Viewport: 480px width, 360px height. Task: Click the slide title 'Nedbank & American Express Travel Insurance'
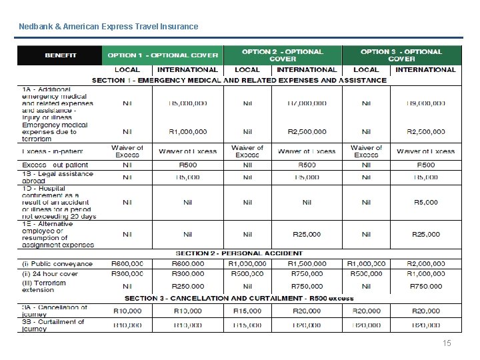[x=108, y=27]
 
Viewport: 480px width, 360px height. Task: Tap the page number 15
[x=447, y=343]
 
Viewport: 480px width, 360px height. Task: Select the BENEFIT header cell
[x=60, y=55]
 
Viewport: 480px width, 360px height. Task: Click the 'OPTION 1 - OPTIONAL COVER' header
[x=163, y=55]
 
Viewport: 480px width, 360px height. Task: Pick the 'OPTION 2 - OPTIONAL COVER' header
[x=282, y=55]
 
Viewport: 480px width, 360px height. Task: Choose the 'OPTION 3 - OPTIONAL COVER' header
[x=401, y=55]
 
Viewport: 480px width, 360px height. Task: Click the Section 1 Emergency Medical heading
[x=239, y=80]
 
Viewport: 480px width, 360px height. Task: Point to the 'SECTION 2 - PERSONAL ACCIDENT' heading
[x=239, y=253]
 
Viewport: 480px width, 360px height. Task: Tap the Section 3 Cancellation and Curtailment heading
[x=239, y=298]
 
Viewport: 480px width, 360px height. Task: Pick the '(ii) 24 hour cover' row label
[x=51, y=273]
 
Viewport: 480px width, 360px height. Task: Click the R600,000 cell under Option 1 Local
[x=127, y=264]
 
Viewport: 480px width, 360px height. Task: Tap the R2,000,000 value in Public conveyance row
[x=425, y=264]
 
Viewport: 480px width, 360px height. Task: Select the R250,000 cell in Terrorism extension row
[x=187, y=286]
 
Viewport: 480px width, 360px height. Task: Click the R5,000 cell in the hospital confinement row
[x=425, y=202]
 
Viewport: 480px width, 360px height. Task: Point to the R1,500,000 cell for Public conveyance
[x=307, y=264]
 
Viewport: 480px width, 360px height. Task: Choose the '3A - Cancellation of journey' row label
[x=55, y=311]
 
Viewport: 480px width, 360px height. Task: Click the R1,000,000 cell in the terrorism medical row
[x=187, y=131]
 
